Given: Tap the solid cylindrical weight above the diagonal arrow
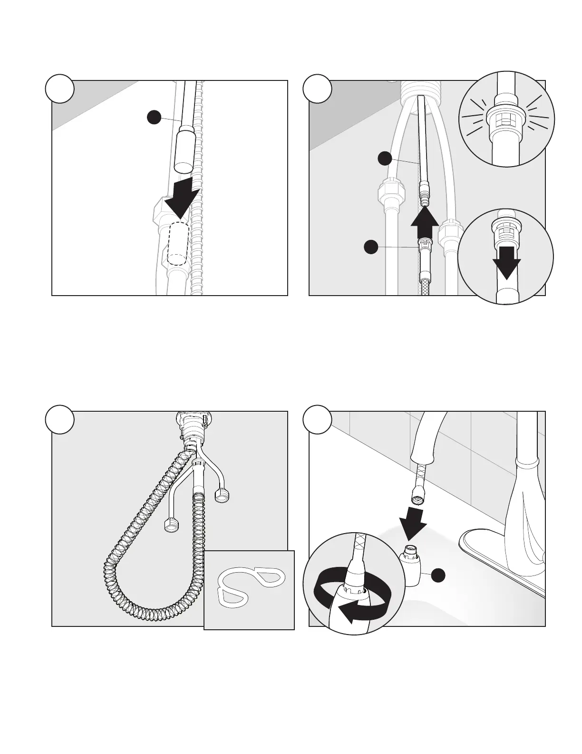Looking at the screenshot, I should (183, 150).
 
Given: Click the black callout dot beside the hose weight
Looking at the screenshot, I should (153, 118).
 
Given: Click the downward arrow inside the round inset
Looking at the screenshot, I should (506, 261).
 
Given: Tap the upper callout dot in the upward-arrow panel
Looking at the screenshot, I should (385, 159).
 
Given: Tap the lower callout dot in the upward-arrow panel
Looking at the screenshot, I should (370, 246).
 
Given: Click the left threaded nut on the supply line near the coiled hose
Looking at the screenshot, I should (171, 526).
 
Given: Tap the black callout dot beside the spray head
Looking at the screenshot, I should (438, 575).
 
